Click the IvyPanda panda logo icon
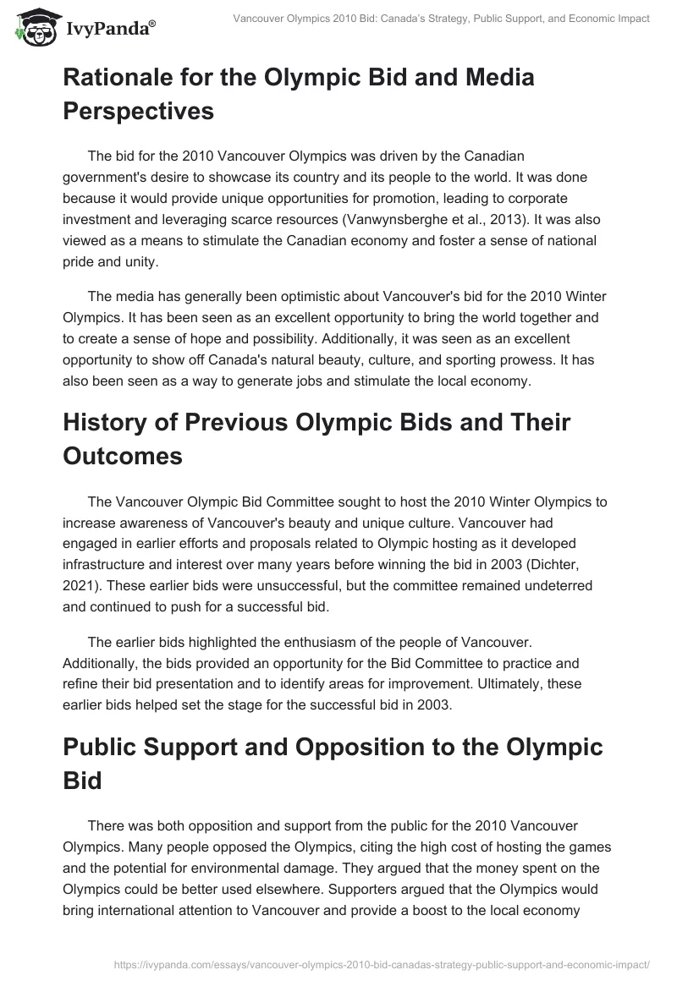pyautogui.click(x=34, y=25)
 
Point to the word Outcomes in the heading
pyautogui.click(x=124, y=455)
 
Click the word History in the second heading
pyautogui.click(x=102, y=422)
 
